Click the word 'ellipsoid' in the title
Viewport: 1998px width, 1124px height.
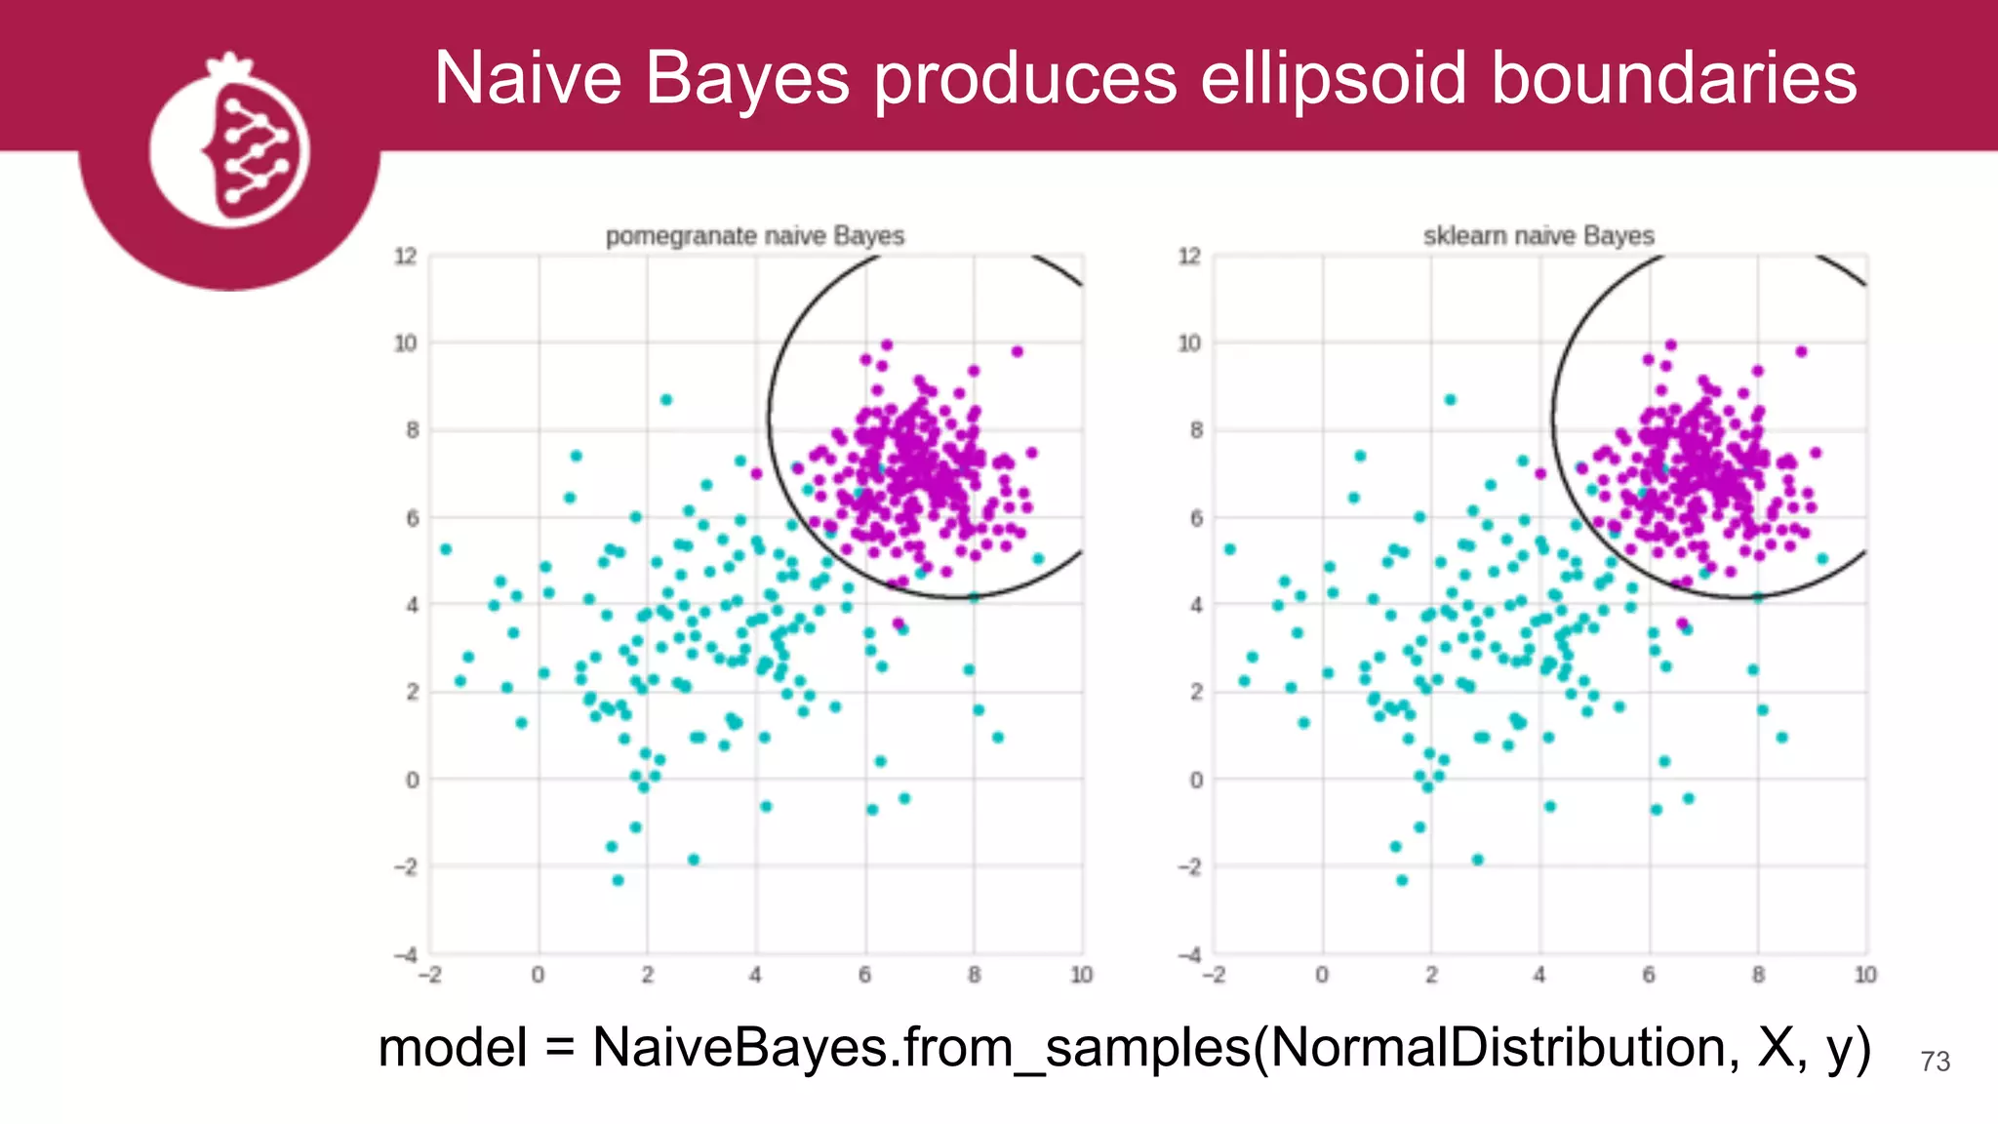(x=1333, y=78)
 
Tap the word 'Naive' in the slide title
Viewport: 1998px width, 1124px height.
(x=528, y=78)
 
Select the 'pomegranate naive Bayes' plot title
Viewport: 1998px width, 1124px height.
(x=754, y=236)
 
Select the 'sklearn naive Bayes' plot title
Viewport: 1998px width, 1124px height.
(x=1538, y=236)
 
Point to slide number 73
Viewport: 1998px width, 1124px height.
(x=1935, y=1062)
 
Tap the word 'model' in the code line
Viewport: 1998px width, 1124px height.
(x=453, y=1048)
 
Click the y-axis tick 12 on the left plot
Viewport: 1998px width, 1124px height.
(x=405, y=257)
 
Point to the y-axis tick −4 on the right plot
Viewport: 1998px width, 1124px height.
(x=1190, y=953)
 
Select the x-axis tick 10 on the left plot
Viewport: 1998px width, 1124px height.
(x=1081, y=975)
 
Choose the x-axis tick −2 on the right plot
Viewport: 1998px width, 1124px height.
(x=1213, y=975)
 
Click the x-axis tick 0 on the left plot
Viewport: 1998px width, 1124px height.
(x=539, y=975)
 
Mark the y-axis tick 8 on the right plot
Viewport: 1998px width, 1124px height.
(x=1196, y=430)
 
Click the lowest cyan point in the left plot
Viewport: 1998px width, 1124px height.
(x=618, y=880)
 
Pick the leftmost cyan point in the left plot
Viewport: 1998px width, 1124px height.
(x=446, y=549)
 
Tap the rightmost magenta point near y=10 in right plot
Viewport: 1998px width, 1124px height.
(x=1801, y=351)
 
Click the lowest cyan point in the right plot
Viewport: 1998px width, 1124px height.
(x=1402, y=880)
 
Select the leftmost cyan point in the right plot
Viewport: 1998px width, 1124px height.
(x=1230, y=549)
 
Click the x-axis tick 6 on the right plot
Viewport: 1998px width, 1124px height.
(x=1649, y=975)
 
